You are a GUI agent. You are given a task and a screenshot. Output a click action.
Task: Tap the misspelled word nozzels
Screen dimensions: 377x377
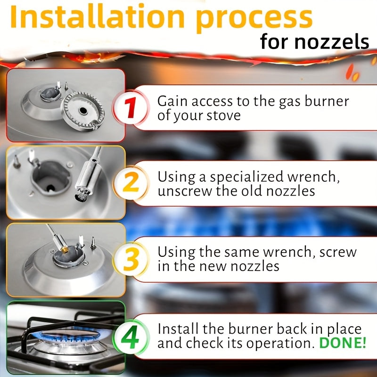[332, 42]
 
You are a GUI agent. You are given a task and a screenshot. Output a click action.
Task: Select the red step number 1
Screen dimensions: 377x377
[131, 107]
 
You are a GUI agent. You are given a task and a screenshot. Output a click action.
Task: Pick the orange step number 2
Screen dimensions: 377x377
[131, 183]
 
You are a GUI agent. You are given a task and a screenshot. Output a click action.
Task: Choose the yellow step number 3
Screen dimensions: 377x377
[131, 259]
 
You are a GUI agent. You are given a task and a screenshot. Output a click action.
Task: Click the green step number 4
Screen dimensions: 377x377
[130, 336]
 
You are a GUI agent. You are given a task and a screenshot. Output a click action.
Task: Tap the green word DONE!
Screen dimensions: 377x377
[343, 343]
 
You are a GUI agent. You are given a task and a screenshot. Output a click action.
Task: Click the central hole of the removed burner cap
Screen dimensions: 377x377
[83, 110]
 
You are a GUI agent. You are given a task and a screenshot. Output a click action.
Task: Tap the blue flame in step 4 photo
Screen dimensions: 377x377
[70, 336]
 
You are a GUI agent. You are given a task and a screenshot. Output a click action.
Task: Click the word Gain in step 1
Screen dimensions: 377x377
[172, 101]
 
